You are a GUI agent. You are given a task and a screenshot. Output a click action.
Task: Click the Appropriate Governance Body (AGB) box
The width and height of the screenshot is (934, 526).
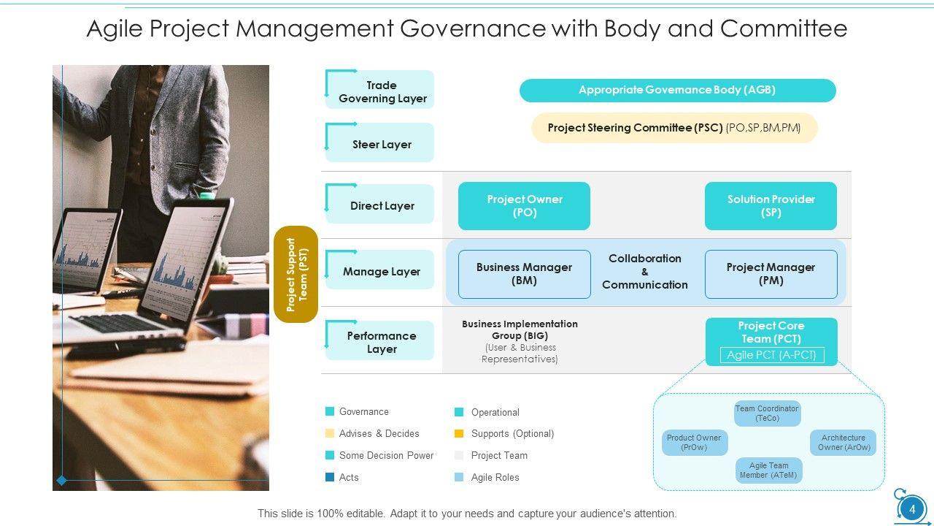pos(677,91)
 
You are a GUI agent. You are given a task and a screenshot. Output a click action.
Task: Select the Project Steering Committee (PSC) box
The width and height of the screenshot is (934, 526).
pos(674,128)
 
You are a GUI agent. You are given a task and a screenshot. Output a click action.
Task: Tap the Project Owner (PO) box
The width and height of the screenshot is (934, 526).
pos(524,206)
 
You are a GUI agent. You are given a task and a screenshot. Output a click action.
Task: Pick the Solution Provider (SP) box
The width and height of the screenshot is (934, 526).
pos(771,206)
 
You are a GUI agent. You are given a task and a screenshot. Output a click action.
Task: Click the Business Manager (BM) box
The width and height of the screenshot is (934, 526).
pos(524,274)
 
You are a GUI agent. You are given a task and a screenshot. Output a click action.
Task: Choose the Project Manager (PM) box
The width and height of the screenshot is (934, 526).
pos(771,274)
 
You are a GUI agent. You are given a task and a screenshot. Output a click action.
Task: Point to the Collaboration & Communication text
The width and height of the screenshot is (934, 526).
pos(645,272)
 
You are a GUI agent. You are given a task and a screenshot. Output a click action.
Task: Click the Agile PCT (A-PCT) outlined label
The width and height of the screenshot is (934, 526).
pos(771,355)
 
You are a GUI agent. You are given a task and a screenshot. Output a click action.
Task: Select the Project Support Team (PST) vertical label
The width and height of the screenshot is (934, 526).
pos(296,274)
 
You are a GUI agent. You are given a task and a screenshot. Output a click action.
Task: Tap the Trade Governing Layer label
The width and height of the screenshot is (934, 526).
pos(382,92)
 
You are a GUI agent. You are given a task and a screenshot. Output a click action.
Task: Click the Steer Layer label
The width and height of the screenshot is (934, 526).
pos(382,145)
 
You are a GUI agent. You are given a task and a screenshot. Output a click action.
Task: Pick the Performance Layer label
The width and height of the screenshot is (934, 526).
pos(382,343)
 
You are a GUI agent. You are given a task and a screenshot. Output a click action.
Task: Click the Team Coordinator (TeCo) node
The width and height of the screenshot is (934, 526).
pos(767,413)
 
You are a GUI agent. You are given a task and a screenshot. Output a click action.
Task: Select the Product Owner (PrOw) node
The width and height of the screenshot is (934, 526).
pos(694,443)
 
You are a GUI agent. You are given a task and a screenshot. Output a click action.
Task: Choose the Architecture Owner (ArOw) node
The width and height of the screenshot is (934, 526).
pos(844,443)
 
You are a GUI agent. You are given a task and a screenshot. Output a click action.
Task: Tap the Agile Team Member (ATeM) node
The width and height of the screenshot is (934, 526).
pos(768,470)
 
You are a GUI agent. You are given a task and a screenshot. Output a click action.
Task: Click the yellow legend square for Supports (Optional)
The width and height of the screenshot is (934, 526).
pos(459,434)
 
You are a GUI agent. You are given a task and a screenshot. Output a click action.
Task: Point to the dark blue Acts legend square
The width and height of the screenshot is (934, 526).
pos(330,477)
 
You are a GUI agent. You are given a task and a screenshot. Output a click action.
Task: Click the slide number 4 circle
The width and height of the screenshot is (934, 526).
pos(911,508)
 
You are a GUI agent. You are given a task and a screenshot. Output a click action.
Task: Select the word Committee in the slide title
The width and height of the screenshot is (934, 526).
pos(783,28)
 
